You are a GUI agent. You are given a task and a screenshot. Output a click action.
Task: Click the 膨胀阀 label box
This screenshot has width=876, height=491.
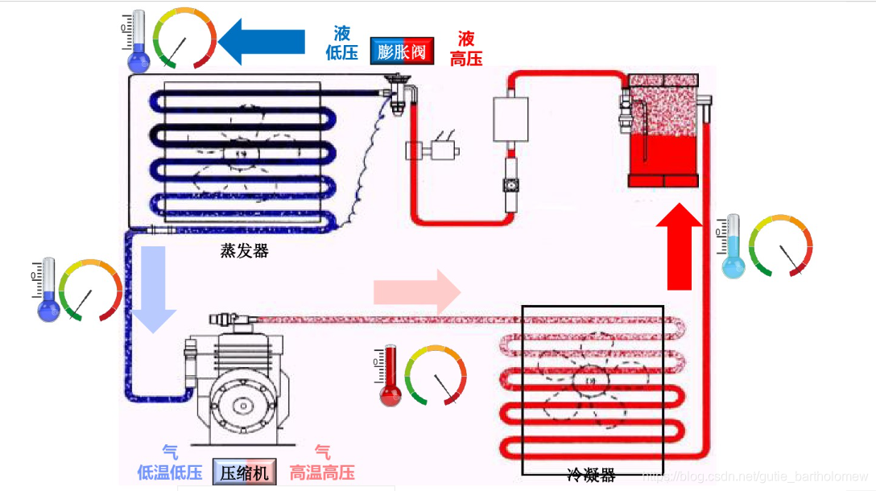pos(402,52)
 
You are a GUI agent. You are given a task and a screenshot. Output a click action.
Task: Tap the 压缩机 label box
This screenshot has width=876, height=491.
pos(245,472)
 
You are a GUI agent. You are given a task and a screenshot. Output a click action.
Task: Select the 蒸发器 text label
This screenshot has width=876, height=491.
pos(244,251)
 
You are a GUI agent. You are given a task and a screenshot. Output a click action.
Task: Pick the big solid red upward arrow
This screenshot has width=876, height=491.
pos(680,246)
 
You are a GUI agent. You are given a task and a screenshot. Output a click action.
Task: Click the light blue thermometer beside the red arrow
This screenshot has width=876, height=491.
pos(733,247)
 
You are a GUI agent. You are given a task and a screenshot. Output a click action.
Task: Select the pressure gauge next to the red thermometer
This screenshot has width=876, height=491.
pos(436,375)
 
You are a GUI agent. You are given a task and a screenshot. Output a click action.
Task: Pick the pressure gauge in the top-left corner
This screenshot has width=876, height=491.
pos(184,39)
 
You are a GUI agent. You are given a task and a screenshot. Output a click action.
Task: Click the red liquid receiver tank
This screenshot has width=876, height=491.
pos(663,133)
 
